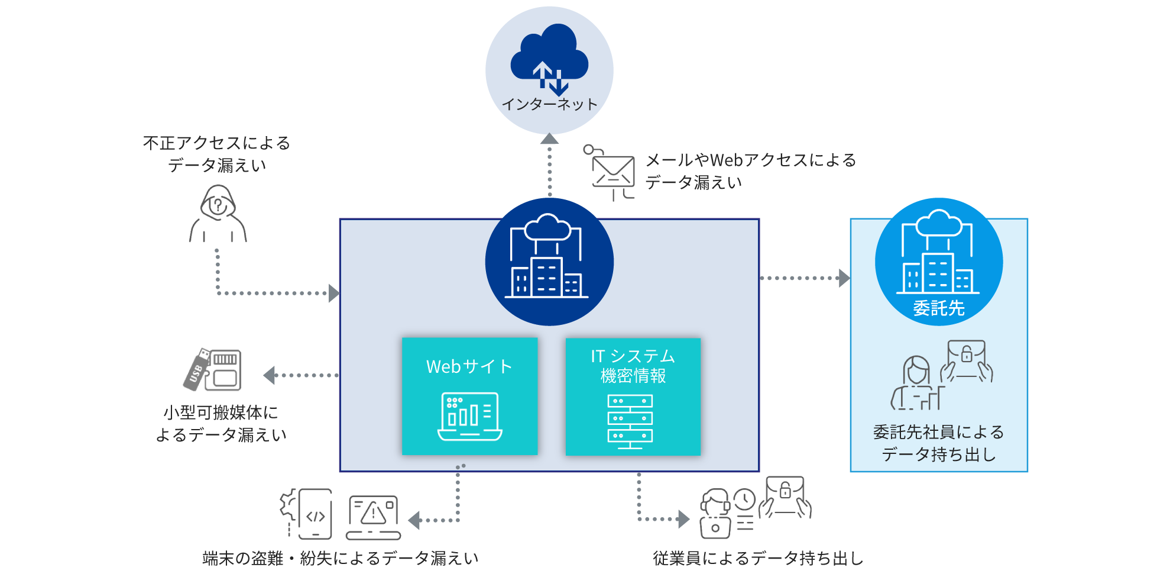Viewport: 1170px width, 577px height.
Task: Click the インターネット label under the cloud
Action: (550, 104)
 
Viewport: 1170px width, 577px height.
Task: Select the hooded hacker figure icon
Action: (218, 214)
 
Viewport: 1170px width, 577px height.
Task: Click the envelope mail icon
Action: (612, 172)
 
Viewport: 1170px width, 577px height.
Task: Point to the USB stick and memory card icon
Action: (213, 370)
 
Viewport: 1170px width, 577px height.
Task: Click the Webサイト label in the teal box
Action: (469, 366)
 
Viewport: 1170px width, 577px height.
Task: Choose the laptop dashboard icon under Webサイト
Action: (470, 417)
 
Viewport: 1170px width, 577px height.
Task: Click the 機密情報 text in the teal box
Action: (633, 376)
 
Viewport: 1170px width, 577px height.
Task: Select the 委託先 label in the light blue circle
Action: (939, 308)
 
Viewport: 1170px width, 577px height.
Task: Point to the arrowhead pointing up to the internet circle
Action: (549, 139)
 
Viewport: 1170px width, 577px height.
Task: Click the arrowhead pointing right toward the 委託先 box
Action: (844, 278)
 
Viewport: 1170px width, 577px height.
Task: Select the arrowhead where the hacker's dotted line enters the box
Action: (334, 293)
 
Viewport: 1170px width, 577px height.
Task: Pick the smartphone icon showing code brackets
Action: (315, 514)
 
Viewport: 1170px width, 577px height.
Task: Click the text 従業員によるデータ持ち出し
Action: (758, 558)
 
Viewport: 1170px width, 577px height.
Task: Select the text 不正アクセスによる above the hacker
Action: (216, 143)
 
